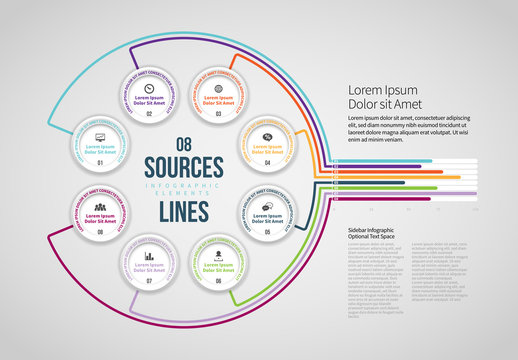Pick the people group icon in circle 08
point(101,207)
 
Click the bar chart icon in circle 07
point(149,256)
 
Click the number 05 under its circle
point(267,233)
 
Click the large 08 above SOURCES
point(183,143)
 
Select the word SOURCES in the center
point(183,164)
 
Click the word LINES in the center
point(183,211)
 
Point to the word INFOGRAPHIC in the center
point(183,186)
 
